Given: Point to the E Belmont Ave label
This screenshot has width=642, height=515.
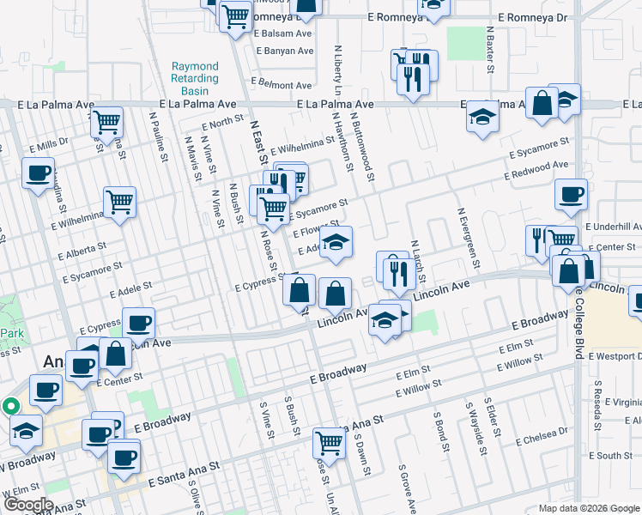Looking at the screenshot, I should pos(285,86).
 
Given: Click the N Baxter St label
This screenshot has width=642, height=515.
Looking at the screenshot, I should pos(490,47).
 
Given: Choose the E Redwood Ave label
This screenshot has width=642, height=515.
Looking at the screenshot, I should pos(536,169).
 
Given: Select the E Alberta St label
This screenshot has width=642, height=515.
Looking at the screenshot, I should pos(82,250).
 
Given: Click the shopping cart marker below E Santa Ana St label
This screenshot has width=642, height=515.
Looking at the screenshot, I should pos(329,443).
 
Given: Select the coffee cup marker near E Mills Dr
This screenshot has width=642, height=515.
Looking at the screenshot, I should pos(39,173).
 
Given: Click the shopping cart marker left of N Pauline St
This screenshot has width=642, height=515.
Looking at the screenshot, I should pos(106,122).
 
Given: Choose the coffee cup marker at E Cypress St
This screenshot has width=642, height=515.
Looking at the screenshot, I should pos(138,324).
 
